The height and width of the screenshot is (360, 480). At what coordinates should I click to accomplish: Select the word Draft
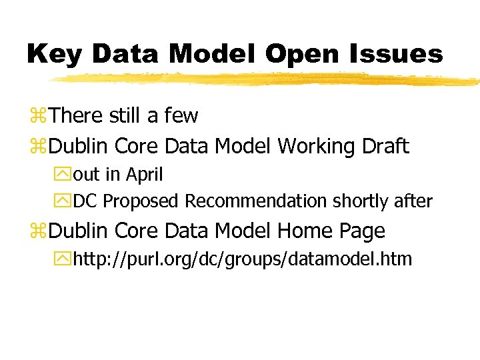pos(385,146)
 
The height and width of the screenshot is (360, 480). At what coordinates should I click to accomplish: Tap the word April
pos(145,175)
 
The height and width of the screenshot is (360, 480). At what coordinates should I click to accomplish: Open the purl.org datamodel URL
pos(242,259)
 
